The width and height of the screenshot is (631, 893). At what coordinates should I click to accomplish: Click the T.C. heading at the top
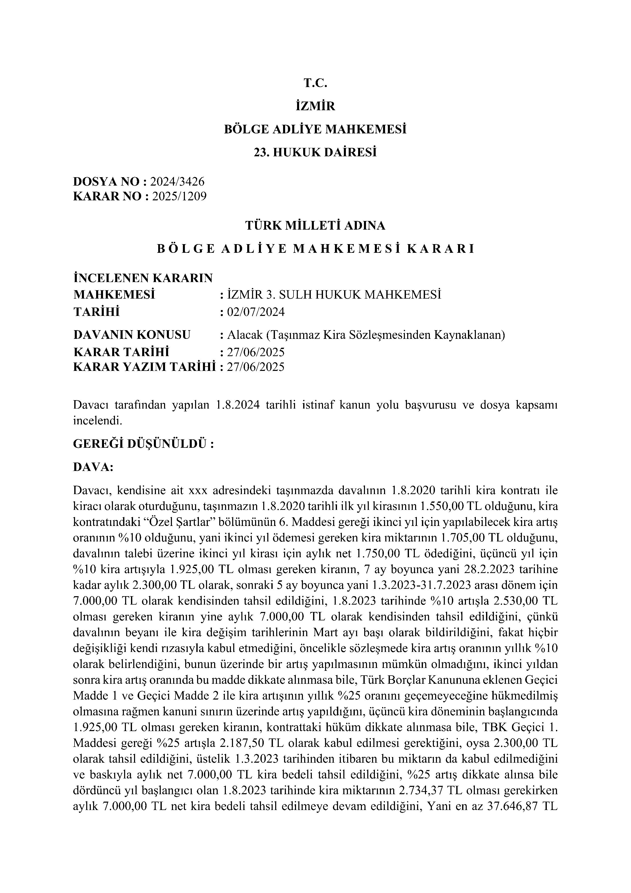315,83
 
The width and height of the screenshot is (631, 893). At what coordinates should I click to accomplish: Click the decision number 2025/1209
179,197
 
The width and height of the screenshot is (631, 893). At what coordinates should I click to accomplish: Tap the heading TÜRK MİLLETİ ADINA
315,226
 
